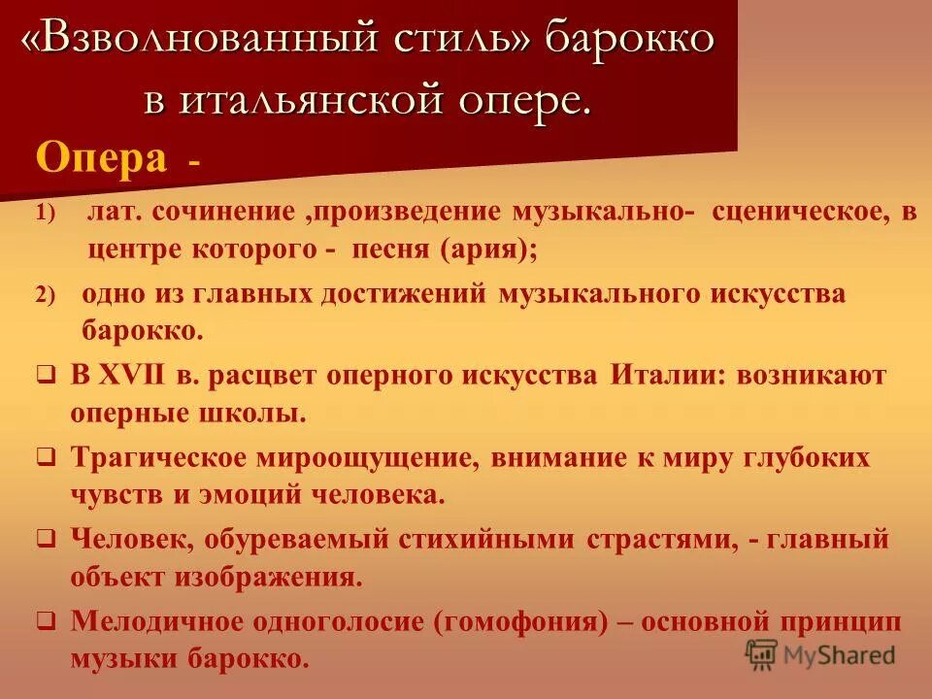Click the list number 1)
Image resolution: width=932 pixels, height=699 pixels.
pos(49,213)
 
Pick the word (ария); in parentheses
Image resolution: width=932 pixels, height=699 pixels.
pos(488,250)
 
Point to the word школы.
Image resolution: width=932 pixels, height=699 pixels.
pos(257,413)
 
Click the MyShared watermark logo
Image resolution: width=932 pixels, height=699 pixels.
pos(821,653)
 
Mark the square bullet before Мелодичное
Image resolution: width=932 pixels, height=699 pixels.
pos(47,620)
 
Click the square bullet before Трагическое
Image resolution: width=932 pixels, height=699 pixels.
pos(47,457)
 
